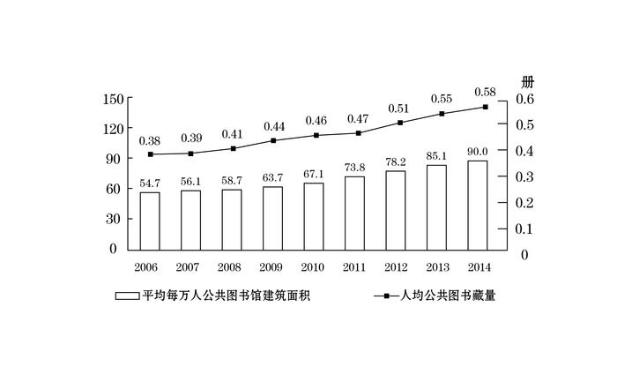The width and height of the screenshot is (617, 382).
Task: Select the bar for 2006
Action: pyautogui.click(x=150, y=221)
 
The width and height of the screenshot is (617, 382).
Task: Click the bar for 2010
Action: pyautogui.click(x=314, y=216)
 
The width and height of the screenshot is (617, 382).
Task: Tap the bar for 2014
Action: pyautogui.click(x=477, y=205)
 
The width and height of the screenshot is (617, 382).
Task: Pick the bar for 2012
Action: pyautogui.click(x=396, y=210)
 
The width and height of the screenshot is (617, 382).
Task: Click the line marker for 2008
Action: pyautogui.click(x=233, y=148)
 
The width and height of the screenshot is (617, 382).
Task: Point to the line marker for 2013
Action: pyautogui.click(x=442, y=114)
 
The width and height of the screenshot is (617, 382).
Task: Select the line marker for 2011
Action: pyautogui.click(x=358, y=133)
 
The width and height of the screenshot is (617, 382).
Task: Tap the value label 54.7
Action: pyautogui.click(x=150, y=182)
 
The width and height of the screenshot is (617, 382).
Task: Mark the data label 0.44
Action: pyautogui.click(x=273, y=126)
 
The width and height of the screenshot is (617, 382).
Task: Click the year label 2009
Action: pyautogui.click(x=272, y=266)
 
